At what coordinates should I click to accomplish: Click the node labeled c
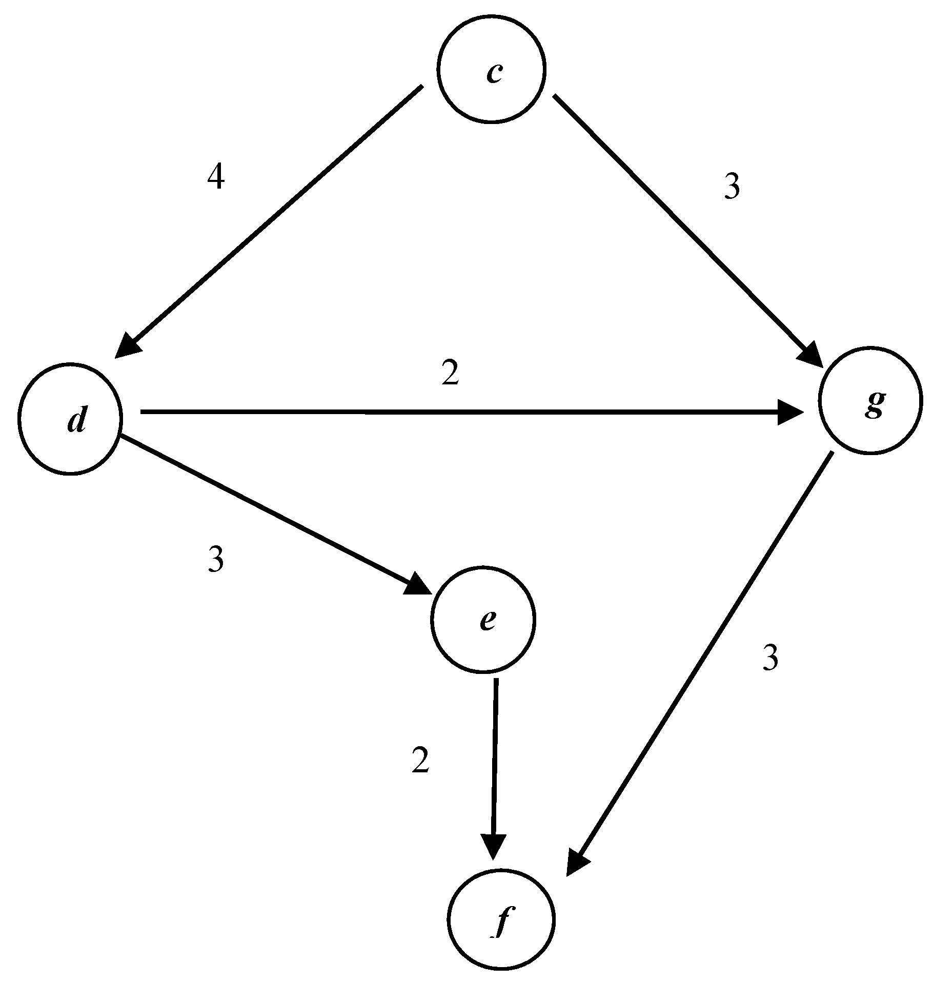492,69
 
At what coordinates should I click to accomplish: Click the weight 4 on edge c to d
216,178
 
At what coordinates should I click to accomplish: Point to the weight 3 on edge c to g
732,187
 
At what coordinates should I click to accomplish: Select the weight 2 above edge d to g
450,374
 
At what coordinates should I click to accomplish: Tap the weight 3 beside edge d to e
216,559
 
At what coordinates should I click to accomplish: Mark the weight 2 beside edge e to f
420,761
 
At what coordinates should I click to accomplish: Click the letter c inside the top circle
494,73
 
